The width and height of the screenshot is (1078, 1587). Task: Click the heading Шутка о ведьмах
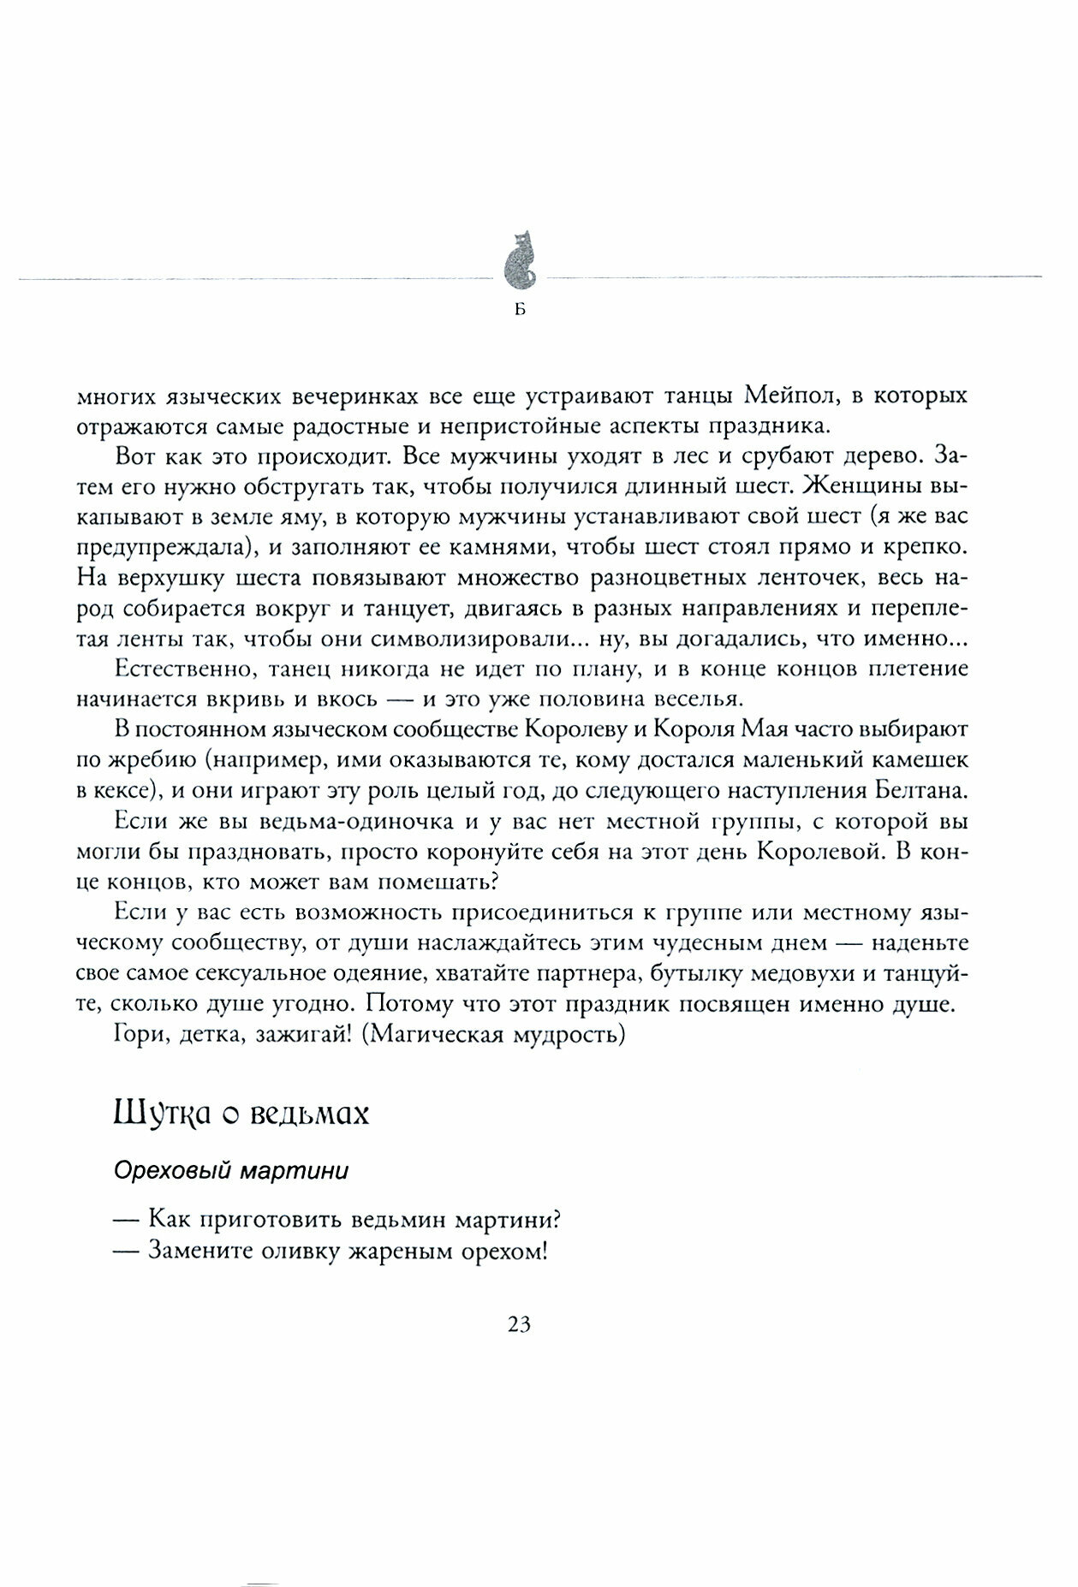[241, 1114]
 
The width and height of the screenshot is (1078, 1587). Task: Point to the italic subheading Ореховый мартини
[231, 1171]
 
